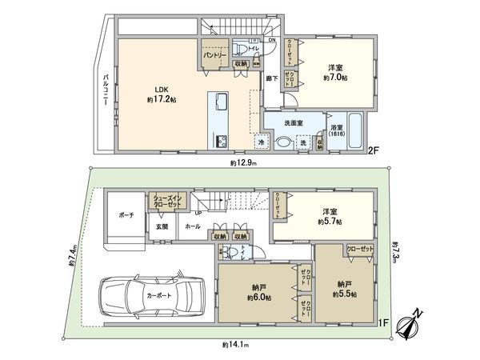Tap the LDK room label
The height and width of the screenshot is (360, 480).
pos(161,95)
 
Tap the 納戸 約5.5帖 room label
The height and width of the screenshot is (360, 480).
pos(344,288)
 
